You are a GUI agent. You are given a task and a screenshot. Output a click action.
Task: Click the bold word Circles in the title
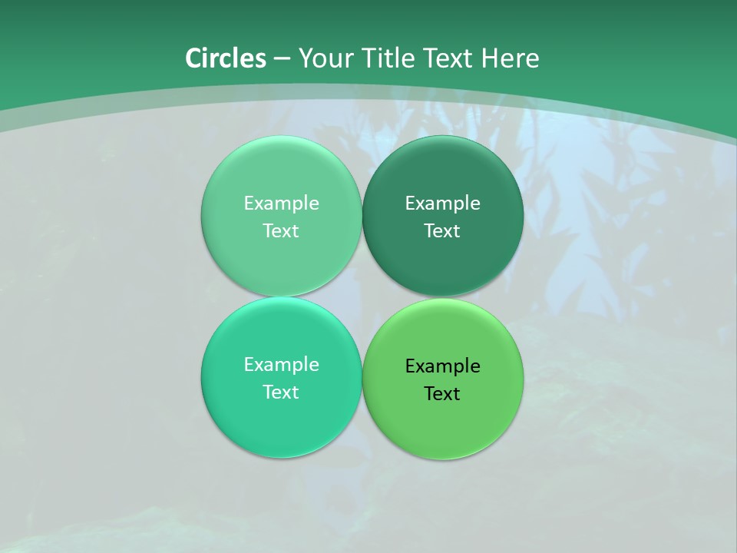point(226,58)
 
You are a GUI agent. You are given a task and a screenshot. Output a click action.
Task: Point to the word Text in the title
point(449,58)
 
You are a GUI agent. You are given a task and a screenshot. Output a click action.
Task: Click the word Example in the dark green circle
point(442,204)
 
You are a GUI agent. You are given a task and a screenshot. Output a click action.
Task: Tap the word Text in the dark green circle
point(442,231)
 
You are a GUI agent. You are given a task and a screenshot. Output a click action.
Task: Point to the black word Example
point(442,366)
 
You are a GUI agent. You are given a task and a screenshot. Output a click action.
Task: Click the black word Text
point(442,394)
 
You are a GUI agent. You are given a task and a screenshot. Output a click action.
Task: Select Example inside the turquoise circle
point(281,365)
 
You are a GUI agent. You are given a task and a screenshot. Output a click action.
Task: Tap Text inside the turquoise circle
point(281,392)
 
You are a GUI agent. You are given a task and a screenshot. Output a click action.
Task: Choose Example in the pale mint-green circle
point(281,204)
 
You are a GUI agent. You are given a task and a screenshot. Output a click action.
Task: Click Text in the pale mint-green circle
point(281,231)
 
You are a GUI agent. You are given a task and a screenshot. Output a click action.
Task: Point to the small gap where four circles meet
point(362,297)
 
